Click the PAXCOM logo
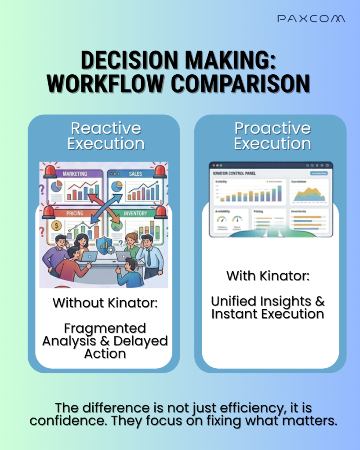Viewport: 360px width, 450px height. coord(311,18)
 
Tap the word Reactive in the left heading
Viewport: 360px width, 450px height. coord(106,128)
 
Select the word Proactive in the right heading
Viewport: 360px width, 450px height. coord(273,128)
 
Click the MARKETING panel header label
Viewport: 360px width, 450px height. coord(75,174)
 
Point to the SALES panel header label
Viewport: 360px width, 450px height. coord(135,174)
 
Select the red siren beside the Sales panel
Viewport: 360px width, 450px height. coord(160,171)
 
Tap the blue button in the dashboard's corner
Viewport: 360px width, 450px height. coord(319,174)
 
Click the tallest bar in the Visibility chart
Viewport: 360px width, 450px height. coord(280,192)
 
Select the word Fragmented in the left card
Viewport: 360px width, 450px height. coord(105,328)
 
